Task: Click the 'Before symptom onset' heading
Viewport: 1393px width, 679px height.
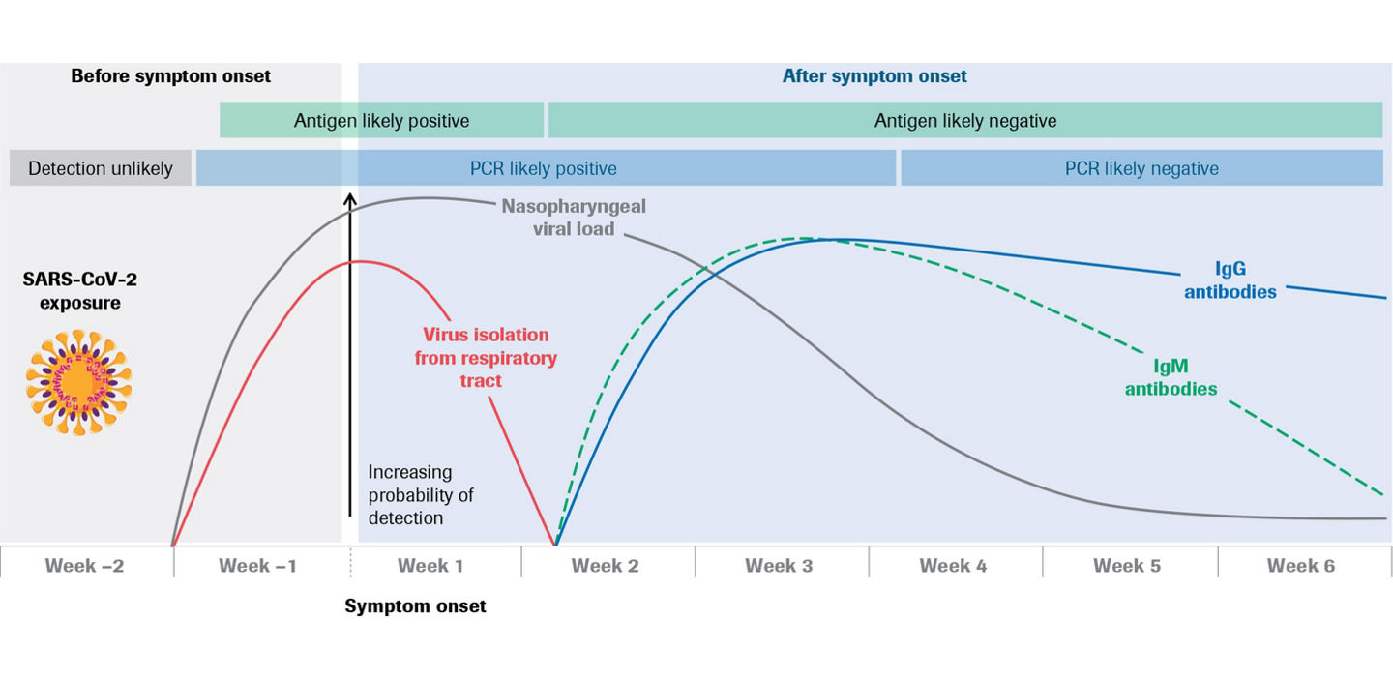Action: tap(170, 75)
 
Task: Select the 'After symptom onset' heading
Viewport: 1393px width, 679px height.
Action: tap(874, 75)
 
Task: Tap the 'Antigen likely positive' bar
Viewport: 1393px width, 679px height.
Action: tap(381, 121)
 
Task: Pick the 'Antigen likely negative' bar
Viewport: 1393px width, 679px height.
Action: tap(965, 121)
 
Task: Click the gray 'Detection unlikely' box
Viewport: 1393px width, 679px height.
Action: tap(101, 168)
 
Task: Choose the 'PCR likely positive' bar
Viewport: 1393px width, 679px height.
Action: tap(544, 168)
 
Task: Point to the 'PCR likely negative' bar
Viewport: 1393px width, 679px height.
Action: tap(1141, 168)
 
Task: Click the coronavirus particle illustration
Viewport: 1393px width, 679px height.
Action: tap(78, 381)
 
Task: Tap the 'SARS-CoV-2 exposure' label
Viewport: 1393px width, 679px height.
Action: tap(73, 289)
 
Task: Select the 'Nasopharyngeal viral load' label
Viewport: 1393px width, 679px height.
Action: tap(574, 218)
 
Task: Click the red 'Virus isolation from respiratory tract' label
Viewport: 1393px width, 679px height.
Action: tap(486, 357)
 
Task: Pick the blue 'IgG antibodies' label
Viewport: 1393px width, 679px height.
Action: tap(1230, 279)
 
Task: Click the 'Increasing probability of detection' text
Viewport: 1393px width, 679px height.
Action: tap(420, 494)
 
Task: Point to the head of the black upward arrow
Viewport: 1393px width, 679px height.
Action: tap(350, 197)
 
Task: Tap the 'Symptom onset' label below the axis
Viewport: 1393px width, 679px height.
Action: tap(415, 606)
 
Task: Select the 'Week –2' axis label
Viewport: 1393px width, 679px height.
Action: tap(84, 566)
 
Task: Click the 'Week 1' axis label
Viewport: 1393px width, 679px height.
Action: tap(430, 566)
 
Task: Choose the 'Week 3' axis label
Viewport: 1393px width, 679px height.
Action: tap(779, 566)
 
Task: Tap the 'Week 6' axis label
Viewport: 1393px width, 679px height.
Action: tap(1300, 566)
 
